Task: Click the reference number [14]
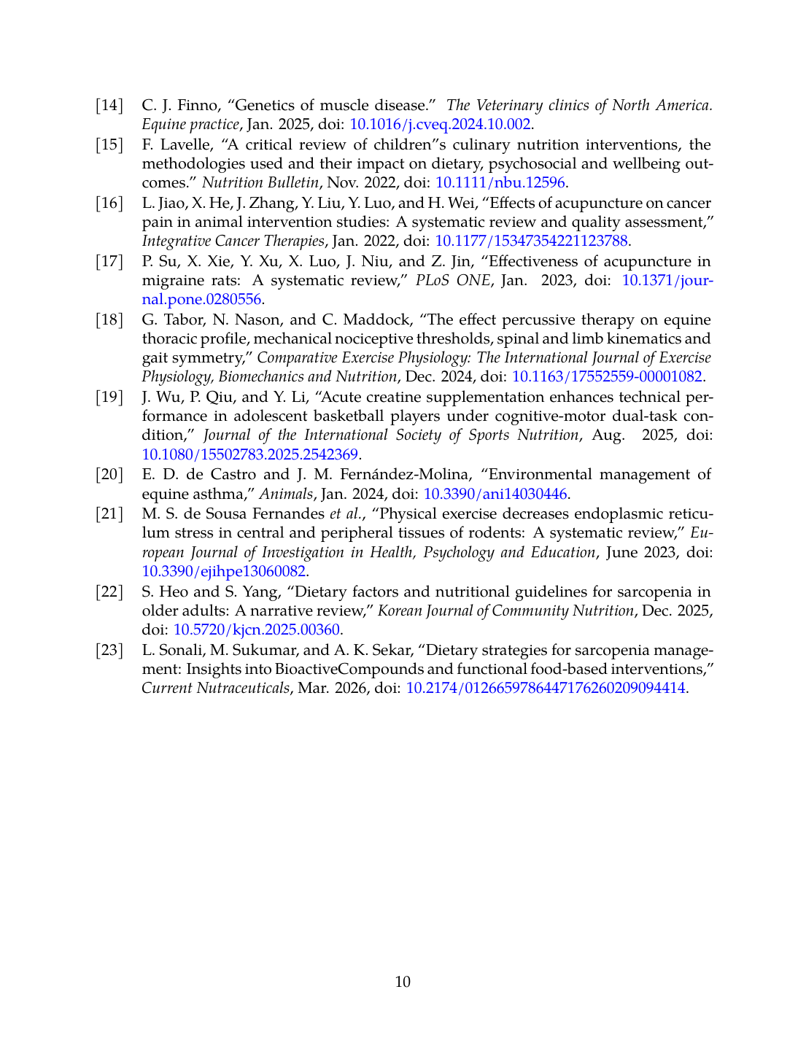[x=109, y=105]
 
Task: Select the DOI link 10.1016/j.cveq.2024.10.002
[x=440, y=124]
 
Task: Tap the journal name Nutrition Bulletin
[x=260, y=182]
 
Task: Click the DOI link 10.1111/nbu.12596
[x=500, y=182]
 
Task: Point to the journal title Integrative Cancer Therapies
[x=233, y=241]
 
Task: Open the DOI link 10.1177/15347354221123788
[x=531, y=241]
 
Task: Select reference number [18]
[x=109, y=319]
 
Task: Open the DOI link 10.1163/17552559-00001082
[x=607, y=376]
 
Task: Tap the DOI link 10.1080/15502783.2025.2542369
[x=249, y=454]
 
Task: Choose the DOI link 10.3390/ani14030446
[x=495, y=494]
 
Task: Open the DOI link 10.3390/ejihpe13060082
[x=224, y=571]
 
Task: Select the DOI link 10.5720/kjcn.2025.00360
[x=256, y=629]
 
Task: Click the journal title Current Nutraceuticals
[x=215, y=688]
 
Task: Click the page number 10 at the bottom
[x=403, y=982]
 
